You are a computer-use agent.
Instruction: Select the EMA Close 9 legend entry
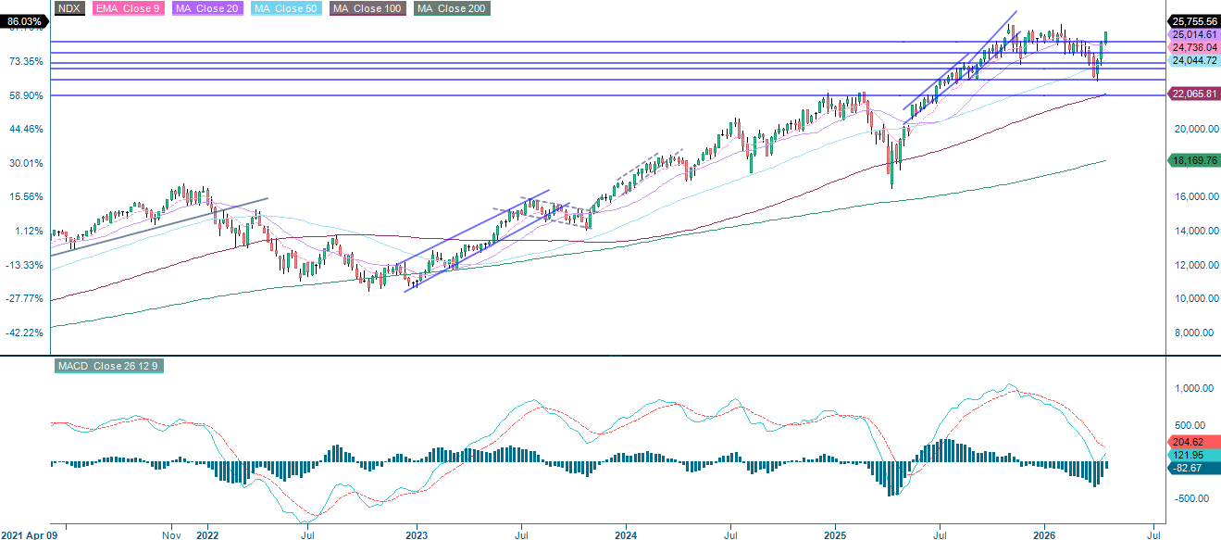[126, 8]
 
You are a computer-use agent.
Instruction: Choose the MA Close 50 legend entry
[285, 8]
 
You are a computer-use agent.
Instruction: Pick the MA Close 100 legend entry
[368, 8]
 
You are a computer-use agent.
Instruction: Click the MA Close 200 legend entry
[452, 8]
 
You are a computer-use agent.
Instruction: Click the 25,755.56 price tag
[1192, 21]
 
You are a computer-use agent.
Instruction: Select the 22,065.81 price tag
[1192, 94]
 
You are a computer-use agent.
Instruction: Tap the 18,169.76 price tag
[1192, 160]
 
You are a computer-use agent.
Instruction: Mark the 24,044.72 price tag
[1192, 60]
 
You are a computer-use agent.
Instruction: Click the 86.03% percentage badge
[23, 21]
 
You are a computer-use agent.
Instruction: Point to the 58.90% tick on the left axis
[25, 95]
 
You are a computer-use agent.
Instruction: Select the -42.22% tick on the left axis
[25, 333]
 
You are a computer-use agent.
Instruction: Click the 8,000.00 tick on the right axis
[1192, 333]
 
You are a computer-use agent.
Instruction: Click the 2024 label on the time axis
[626, 534]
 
